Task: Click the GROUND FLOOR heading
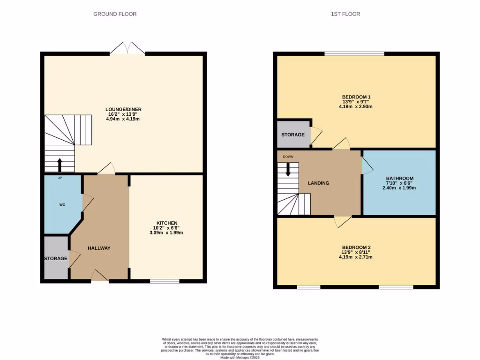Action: coord(115,14)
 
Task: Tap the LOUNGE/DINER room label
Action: coord(123,110)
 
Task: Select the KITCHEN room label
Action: coord(167,223)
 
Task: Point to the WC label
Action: coord(62,205)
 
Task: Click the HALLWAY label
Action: coord(99,248)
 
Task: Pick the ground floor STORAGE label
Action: coord(56,258)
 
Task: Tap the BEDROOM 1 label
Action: coord(357,97)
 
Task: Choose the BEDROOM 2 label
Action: coord(357,247)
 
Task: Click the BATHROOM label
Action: coord(399,178)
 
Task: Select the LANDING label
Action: coord(318,183)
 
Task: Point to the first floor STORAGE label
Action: coord(293,135)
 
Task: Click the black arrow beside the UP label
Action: coord(60,165)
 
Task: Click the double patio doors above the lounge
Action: coord(127,48)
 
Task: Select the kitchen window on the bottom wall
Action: coord(165,281)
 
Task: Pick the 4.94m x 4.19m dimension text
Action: coord(123,119)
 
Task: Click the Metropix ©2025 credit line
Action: coord(240,357)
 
